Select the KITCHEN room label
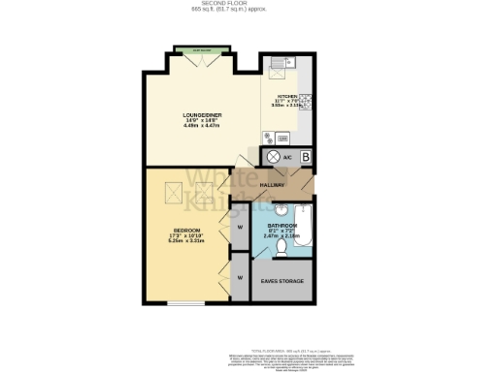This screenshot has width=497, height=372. pos(287,97)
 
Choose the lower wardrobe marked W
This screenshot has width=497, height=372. pos(239,277)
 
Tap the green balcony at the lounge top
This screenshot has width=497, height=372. pos(202,48)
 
